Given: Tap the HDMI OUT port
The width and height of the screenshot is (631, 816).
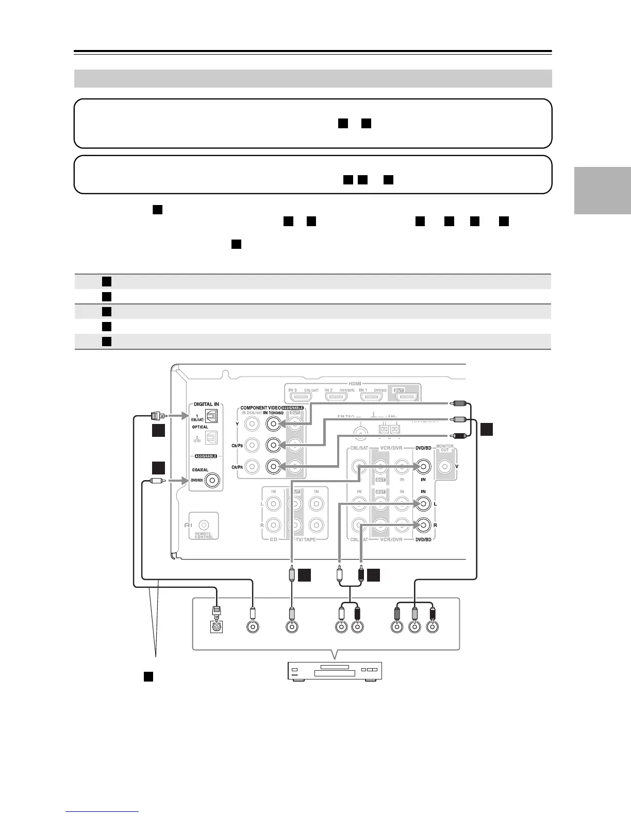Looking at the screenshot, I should click(404, 397).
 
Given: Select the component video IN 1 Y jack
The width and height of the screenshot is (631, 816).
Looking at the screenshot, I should click(273, 424).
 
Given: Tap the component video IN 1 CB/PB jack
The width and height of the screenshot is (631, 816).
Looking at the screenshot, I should click(273, 445).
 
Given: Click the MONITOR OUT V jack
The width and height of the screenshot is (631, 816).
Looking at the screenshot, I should click(444, 467).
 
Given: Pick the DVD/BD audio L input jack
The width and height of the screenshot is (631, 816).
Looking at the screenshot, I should click(423, 503).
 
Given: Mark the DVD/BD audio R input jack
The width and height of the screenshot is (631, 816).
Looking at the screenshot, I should click(423, 525).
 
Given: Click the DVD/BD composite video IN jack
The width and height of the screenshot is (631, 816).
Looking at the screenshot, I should click(423, 467).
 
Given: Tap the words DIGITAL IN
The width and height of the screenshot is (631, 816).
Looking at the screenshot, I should click(206, 404).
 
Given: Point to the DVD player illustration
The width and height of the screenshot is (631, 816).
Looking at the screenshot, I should click(334, 671).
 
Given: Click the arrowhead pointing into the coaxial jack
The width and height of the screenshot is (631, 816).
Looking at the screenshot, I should click(183, 481).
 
